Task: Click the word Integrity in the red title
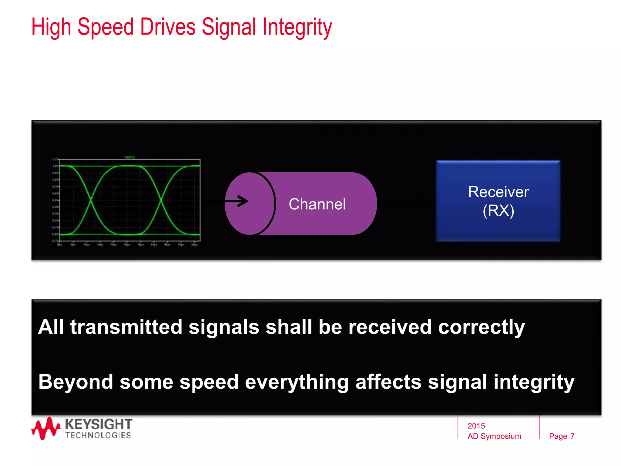[297, 27]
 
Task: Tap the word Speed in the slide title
[106, 27]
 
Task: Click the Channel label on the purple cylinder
[317, 204]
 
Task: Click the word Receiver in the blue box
[498, 192]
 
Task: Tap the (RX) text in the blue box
[498, 211]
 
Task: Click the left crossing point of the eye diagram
[90, 200]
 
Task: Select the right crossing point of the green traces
[161, 200]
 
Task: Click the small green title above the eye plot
[130, 157]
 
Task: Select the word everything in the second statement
[297, 382]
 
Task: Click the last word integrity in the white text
[534, 382]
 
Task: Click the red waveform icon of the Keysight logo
[45, 428]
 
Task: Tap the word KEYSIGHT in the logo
[99, 424]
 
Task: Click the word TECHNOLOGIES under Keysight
[98, 435]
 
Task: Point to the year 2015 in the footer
[476, 426]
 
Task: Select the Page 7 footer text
[562, 436]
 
